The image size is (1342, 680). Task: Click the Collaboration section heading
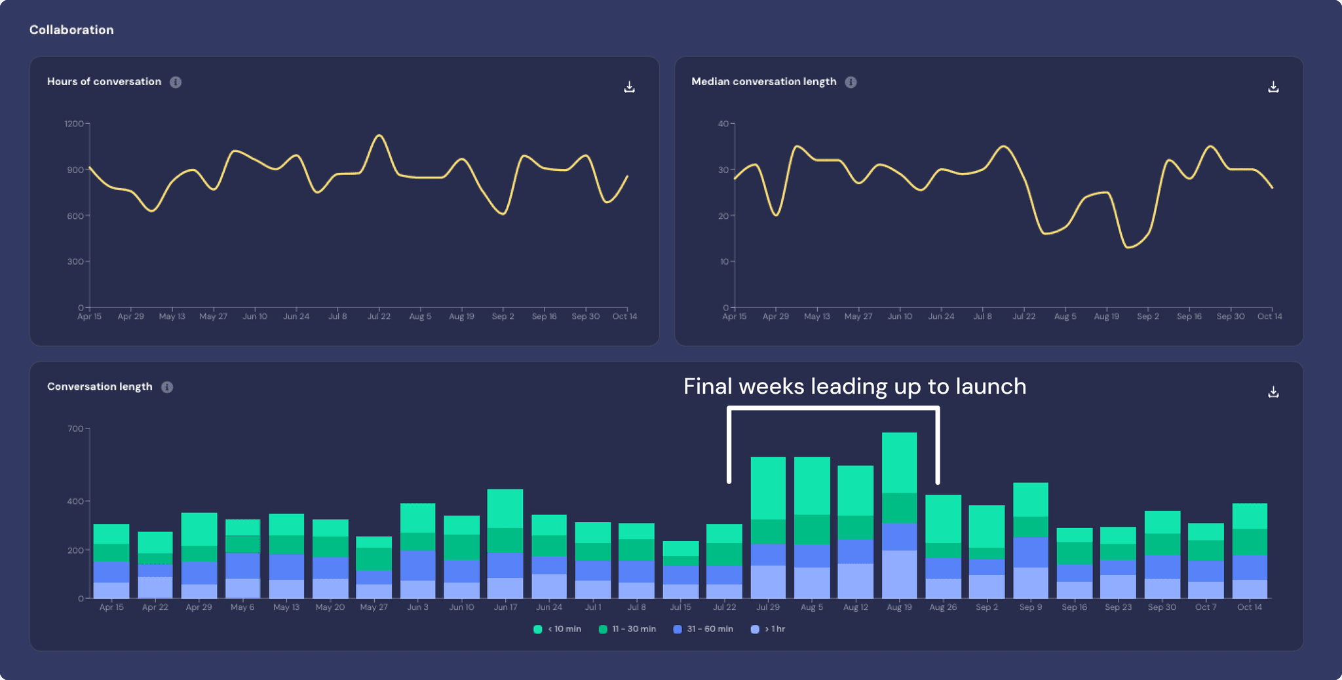tap(71, 30)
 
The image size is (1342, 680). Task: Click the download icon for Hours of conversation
tap(629, 87)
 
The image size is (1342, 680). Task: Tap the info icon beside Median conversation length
tap(851, 82)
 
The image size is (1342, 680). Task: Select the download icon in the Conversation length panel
tap(1273, 392)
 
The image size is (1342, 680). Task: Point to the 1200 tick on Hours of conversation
tap(74, 124)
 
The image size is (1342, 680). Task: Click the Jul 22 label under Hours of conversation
tap(379, 316)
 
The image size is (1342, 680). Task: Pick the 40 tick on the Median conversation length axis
tap(723, 124)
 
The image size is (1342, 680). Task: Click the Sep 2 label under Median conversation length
tap(1147, 316)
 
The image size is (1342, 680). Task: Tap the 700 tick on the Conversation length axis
tap(75, 429)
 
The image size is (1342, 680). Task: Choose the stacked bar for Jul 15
tap(680, 570)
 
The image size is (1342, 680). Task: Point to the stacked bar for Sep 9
tap(1031, 541)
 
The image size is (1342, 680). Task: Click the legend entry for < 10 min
tap(558, 630)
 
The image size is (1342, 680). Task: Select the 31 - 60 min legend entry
tap(703, 630)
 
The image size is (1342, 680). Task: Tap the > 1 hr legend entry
tap(768, 630)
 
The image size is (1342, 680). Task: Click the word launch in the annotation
tap(991, 387)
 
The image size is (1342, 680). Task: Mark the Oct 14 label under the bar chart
tap(1249, 607)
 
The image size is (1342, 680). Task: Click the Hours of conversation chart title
tap(104, 82)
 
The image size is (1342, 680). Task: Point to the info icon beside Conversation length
tap(167, 387)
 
